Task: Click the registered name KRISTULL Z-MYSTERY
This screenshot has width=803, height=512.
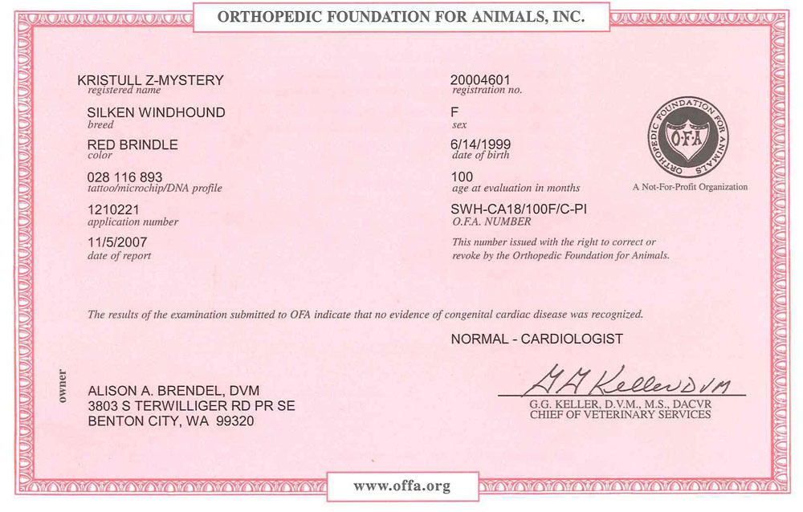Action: coord(149,80)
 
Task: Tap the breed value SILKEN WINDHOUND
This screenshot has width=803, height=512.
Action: coord(156,112)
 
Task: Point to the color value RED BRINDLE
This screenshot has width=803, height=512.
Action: coord(132,144)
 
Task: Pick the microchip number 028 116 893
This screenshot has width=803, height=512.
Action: coord(124,177)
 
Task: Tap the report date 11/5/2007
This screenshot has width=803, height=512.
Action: coord(117,242)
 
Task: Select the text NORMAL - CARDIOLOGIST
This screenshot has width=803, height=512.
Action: coord(536,339)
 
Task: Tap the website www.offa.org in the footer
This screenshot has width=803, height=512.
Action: coord(401,486)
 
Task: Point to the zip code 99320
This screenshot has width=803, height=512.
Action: coord(234,421)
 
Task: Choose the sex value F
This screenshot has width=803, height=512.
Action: coord(455,112)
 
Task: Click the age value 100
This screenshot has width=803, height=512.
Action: coord(463,177)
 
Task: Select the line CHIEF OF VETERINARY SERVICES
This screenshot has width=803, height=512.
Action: coord(619,415)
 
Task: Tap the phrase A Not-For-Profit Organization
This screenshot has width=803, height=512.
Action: coord(690,187)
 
